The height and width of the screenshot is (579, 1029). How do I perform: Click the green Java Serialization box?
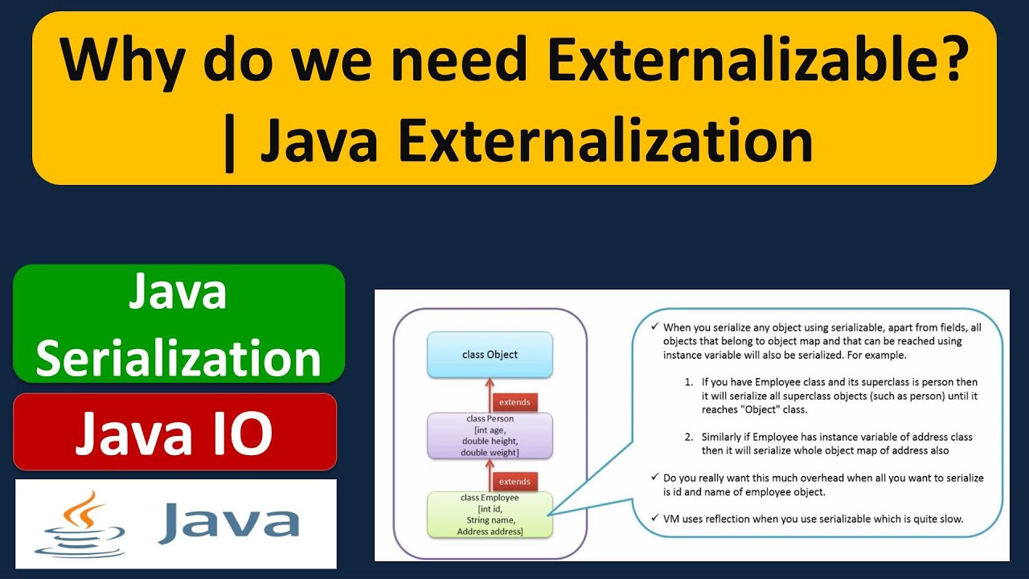click(x=178, y=324)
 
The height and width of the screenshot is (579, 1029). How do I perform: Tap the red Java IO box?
click(x=174, y=432)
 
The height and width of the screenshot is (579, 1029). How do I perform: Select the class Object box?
click(x=490, y=355)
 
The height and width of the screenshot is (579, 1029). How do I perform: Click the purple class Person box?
click(x=490, y=436)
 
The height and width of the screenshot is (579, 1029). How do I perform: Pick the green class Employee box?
click(x=490, y=515)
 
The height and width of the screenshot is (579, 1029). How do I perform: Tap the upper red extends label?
click(x=514, y=401)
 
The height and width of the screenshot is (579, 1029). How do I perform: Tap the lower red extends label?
click(x=514, y=481)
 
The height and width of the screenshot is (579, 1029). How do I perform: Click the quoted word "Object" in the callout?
click(x=764, y=409)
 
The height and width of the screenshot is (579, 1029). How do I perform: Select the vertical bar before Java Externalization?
click(x=230, y=142)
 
